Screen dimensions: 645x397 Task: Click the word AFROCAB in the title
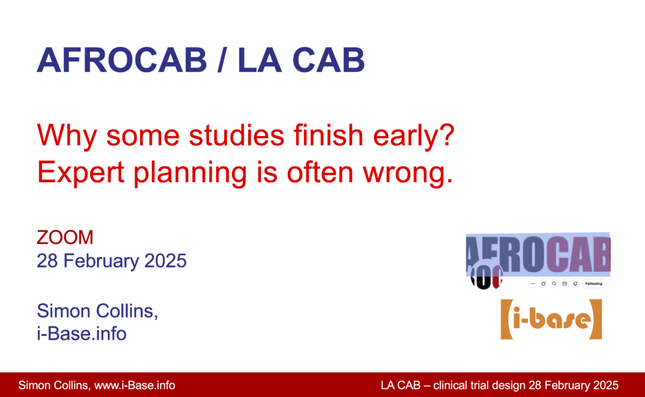(122, 60)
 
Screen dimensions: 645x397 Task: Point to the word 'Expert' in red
(81, 172)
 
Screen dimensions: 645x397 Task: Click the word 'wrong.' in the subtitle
(408, 173)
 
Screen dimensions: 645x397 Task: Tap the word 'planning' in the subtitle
(190, 173)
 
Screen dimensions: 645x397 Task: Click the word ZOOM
(65, 238)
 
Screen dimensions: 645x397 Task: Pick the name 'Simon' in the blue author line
(64, 311)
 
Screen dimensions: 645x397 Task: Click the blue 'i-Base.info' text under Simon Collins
(81, 333)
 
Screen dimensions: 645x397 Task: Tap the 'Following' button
(593, 284)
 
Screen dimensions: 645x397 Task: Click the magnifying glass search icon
(554, 284)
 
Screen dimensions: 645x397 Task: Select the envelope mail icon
(564, 284)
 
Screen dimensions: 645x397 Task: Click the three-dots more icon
(533, 284)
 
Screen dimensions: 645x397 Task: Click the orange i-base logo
(551, 319)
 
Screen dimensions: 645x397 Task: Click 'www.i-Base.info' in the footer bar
(135, 386)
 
